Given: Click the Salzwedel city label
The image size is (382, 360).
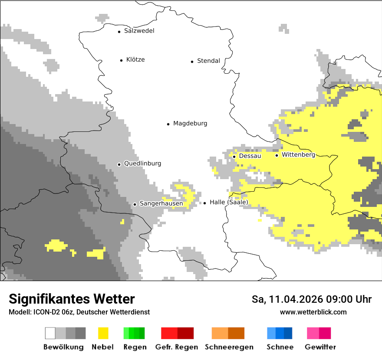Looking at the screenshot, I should click(x=139, y=31).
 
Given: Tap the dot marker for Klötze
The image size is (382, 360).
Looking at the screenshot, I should click(x=121, y=60).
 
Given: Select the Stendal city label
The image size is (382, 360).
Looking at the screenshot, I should click(x=208, y=61).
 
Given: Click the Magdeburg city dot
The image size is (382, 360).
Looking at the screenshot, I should click(x=168, y=124).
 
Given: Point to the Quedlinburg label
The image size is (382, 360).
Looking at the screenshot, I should click(x=142, y=164).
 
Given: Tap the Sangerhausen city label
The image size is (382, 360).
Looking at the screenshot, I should click(x=161, y=203).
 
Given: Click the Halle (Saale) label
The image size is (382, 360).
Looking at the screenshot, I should click(x=229, y=202).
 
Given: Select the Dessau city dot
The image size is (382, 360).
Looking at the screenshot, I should click(x=234, y=157).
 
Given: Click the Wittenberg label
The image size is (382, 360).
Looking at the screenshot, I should click(x=298, y=154).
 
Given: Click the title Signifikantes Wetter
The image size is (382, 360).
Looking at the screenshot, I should click(x=72, y=299).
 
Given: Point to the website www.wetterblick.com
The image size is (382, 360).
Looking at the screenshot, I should click(x=313, y=312).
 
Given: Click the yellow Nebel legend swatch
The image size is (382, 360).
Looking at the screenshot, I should click(x=103, y=333).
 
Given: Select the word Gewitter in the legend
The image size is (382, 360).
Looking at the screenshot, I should click(x=320, y=347).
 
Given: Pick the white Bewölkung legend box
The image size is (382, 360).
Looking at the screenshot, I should click(x=50, y=333).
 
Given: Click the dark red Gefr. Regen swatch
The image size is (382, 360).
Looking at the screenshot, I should click(x=185, y=333).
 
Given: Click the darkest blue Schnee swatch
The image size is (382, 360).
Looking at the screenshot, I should click(x=288, y=333).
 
